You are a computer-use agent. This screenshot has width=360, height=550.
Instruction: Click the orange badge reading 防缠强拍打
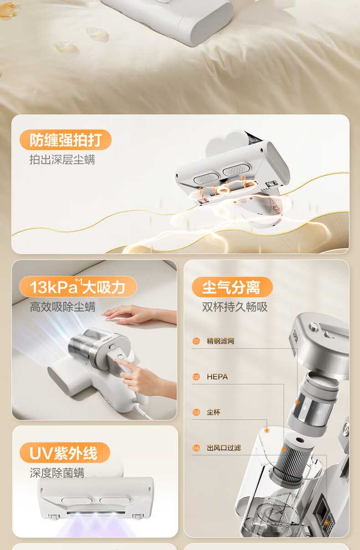(66, 140)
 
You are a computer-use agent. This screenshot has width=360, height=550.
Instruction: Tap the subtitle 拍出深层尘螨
(62, 160)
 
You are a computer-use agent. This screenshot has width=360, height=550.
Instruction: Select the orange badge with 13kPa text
(78, 287)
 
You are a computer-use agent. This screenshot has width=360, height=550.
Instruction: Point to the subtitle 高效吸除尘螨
(62, 307)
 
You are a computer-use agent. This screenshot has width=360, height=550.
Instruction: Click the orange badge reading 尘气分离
(232, 287)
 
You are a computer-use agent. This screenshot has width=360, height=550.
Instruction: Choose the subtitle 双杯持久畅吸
(235, 307)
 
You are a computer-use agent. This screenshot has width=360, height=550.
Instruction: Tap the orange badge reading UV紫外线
(65, 453)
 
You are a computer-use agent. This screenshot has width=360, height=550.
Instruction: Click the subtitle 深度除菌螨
(57, 473)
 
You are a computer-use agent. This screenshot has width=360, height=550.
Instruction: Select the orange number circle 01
(196, 341)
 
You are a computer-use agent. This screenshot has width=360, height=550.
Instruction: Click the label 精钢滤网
(221, 341)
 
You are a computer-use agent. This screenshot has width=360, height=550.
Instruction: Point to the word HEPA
(217, 377)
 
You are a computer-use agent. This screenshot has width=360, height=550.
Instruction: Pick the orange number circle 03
(196, 412)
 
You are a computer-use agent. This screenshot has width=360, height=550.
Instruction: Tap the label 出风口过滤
(224, 448)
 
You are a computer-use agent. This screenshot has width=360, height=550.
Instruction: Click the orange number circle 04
(196, 448)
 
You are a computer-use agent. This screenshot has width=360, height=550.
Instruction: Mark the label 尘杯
(213, 412)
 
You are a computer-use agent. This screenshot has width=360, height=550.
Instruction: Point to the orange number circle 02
(196, 377)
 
